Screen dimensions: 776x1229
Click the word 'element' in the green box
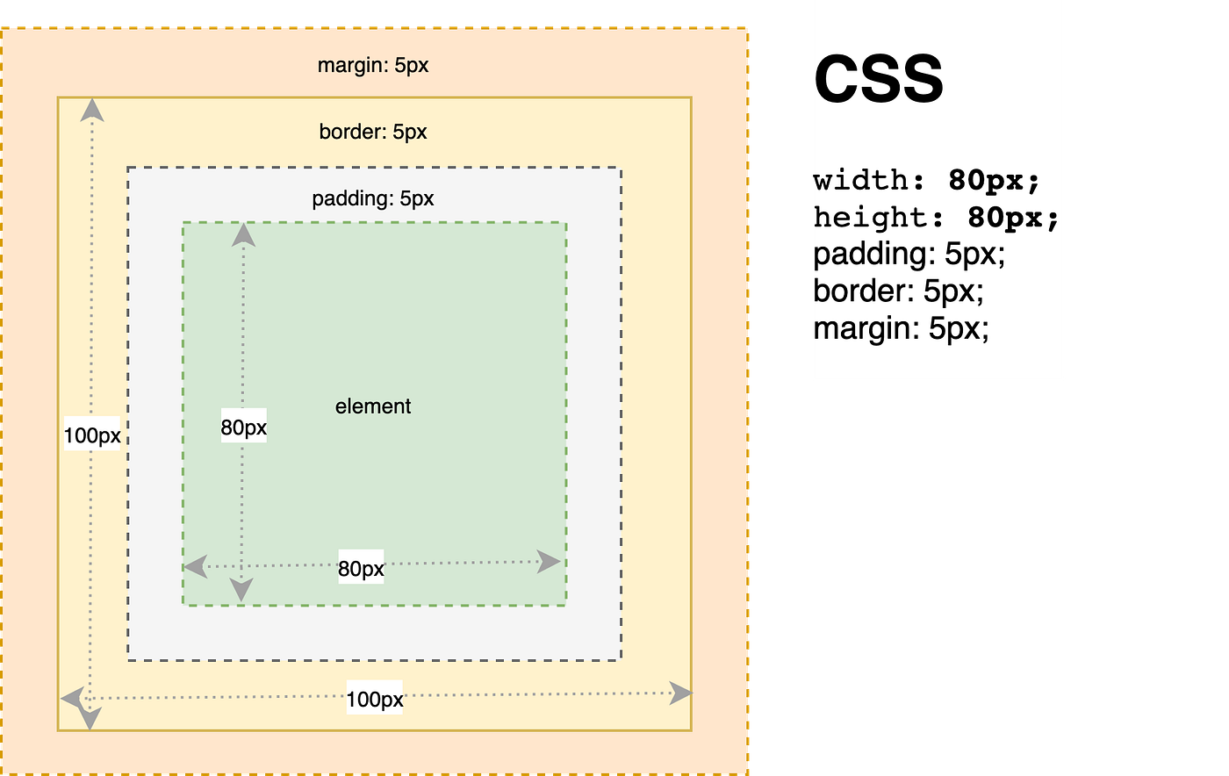[x=373, y=406]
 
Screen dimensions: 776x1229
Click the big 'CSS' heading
[x=879, y=79]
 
